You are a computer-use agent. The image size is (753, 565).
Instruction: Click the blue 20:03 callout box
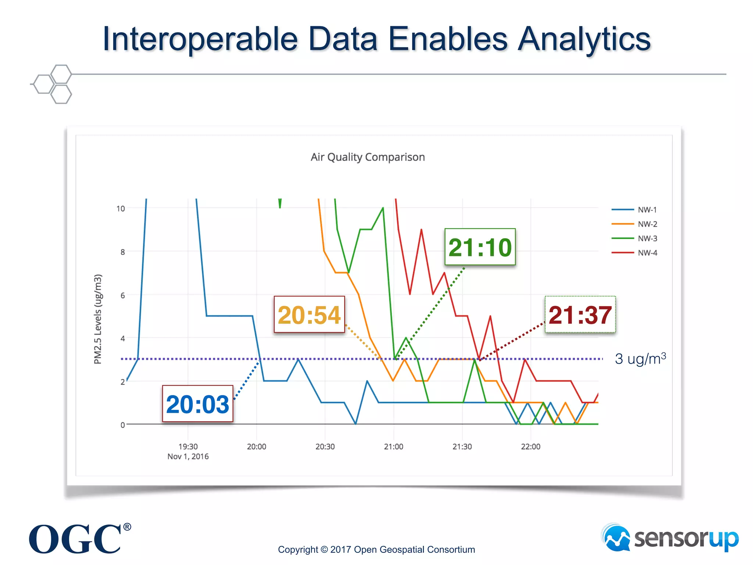coord(198,404)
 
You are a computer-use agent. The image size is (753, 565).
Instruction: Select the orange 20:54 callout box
coord(309,315)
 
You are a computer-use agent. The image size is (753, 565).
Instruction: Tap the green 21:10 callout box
coord(480,247)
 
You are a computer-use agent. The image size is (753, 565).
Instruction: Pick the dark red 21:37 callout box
coord(580,315)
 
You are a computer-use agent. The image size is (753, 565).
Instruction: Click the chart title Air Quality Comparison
coord(368,157)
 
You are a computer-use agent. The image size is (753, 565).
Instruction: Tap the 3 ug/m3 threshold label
coord(640,359)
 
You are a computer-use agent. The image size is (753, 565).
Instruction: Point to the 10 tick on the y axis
coord(121,209)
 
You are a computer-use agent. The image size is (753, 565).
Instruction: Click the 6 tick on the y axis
coord(122,295)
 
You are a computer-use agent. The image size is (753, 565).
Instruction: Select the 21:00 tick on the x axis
coord(393,447)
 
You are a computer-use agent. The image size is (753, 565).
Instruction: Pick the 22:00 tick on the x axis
coord(531,447)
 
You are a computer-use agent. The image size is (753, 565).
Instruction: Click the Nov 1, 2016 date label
coord(188,456)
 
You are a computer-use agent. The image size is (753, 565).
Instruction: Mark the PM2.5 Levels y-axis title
coord(97,319)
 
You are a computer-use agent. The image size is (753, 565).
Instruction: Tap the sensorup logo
coord(670,539)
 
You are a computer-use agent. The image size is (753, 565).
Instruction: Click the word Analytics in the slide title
coord(584,39)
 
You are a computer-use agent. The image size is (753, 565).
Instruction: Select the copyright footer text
coord(376,550)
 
